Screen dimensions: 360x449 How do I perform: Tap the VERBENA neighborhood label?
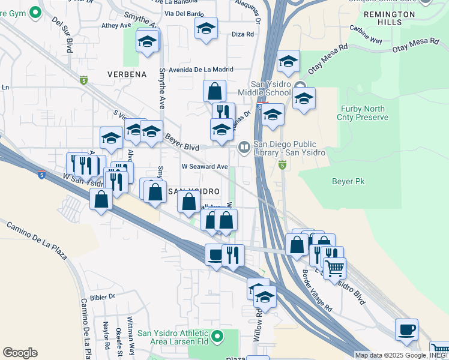pyautogui.click(x=127, y=74)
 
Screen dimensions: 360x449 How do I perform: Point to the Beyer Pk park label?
pyautogui.click(x=349, y=181)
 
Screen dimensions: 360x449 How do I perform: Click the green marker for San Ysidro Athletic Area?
pyautogui.click(x=217, y=337)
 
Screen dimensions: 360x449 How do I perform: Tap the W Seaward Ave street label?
pyautogui.click(x=205, y=167)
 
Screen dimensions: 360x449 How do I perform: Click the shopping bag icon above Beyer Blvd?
pyautogui.click(x=214, y=91)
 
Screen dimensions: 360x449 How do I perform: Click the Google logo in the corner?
pyautogui.click(x=20, y=353)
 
